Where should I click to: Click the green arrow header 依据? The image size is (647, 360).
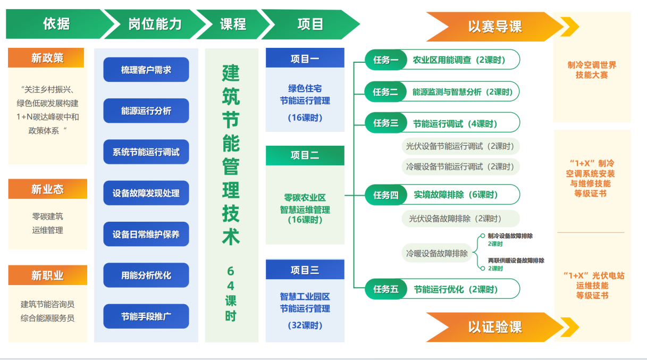[x=56, y=24]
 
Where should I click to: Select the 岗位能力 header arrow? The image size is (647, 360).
[x=155, y=24]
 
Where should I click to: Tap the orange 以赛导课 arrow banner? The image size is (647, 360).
[x=494, y=27]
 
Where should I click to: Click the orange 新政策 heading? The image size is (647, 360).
[x=46, y=58]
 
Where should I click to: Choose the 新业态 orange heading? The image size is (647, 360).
[x=47, y=189]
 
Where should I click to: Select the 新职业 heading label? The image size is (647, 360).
[x=47, y=275]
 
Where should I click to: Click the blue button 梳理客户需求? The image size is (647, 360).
[x=146, y=70]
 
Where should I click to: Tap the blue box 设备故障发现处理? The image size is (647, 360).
[x=146, y=193]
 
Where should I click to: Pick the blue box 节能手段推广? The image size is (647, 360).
[x=146, y=316]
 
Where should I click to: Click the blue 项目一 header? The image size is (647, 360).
[x=305, y=58]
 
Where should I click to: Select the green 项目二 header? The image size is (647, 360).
[x=305, y=155]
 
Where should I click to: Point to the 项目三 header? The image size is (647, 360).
[x=305, y=270]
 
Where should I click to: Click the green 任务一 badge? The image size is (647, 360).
[x=385, y=60]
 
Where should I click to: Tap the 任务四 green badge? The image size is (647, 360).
[x=385, y=195]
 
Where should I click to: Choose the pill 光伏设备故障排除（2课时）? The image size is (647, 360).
[x=460, y=219]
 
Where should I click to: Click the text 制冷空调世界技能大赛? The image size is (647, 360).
[x=592, y=70]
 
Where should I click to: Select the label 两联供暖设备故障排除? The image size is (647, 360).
[x=516, y=261]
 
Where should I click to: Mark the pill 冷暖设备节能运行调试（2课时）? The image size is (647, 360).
[x=460, y=166]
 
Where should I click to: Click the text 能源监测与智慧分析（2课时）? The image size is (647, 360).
[x=463, y=91]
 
